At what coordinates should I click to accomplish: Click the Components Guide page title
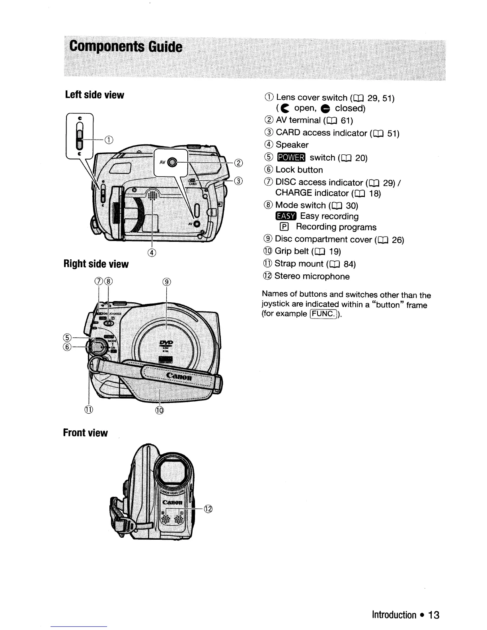click(126, 47)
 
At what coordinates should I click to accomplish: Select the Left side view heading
click(95, 95)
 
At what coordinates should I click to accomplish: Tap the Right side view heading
click(96, 264)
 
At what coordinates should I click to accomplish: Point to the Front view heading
click(86, 433)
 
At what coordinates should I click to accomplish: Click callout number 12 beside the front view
click(208, 509)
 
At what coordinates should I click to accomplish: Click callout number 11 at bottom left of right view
click(88, 410)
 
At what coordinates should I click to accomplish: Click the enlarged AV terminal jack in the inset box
click(171, 162)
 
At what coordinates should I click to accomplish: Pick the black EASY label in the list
click(286, 216)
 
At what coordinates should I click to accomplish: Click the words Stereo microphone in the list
click(312, 276)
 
